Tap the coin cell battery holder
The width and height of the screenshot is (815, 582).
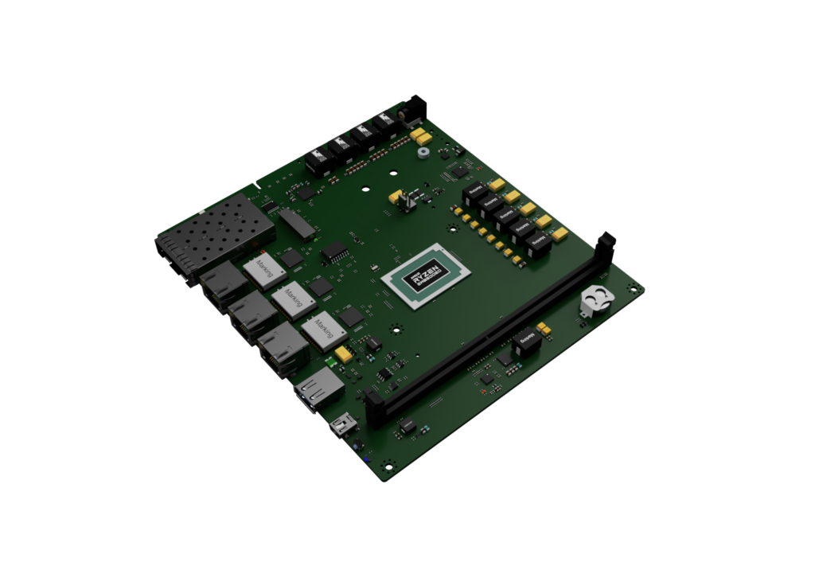point(595,301)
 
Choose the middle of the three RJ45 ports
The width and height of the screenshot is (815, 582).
point(249,317)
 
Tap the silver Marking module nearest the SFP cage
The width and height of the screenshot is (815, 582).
point(263,268)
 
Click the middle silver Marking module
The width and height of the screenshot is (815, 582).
point(293,299)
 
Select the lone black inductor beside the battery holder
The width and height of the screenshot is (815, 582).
point(524,340)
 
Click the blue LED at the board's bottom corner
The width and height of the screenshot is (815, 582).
point(365,459)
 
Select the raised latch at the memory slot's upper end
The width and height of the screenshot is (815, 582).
point(606,242)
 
